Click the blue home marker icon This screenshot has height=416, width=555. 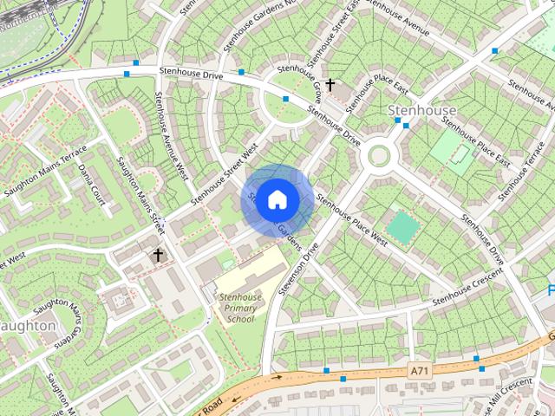tap(276, 199)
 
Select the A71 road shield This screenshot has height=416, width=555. tap(420, 371)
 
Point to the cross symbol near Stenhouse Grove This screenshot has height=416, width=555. tap(330, 85)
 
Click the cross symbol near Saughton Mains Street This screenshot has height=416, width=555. tap(158, 255)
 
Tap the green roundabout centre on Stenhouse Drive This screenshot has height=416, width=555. tap(379, 155)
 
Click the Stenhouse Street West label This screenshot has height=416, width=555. tap(225, 174)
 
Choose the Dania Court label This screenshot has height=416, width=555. tap(92, 183)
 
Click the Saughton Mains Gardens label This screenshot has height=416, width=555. tap(62, 322)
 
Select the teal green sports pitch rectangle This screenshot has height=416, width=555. tap(402, 227)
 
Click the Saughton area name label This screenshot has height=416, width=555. tap(28, 326)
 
